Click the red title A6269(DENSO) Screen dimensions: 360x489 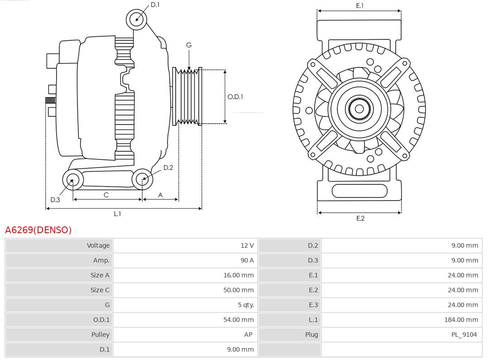tap(38, 230)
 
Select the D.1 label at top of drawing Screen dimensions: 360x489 tap(155, 5)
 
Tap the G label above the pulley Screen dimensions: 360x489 tap(189, 45)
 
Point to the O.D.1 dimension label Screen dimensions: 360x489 tap(235, 96)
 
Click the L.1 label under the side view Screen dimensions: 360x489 tap(117, 214)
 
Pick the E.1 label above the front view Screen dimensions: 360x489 tap(360, 5)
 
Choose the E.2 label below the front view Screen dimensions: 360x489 tap(360, 218)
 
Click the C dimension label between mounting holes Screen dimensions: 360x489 tap(106, 195)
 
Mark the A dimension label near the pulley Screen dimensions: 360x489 tap(160, 195)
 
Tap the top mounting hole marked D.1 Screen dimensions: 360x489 tap(136, 19)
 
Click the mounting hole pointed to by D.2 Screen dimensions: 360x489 tap(142, 179)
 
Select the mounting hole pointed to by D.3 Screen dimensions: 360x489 tap(72, 180)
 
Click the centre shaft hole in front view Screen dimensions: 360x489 tap(359, 109)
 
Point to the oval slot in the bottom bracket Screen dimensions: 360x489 tap(360, 191)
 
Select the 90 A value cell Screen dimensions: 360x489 tap(247, 260)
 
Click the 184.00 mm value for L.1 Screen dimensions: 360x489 tap(461, 320)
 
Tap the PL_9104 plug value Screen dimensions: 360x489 tap(464, 335)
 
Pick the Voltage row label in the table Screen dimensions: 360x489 tap(98, 245)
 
